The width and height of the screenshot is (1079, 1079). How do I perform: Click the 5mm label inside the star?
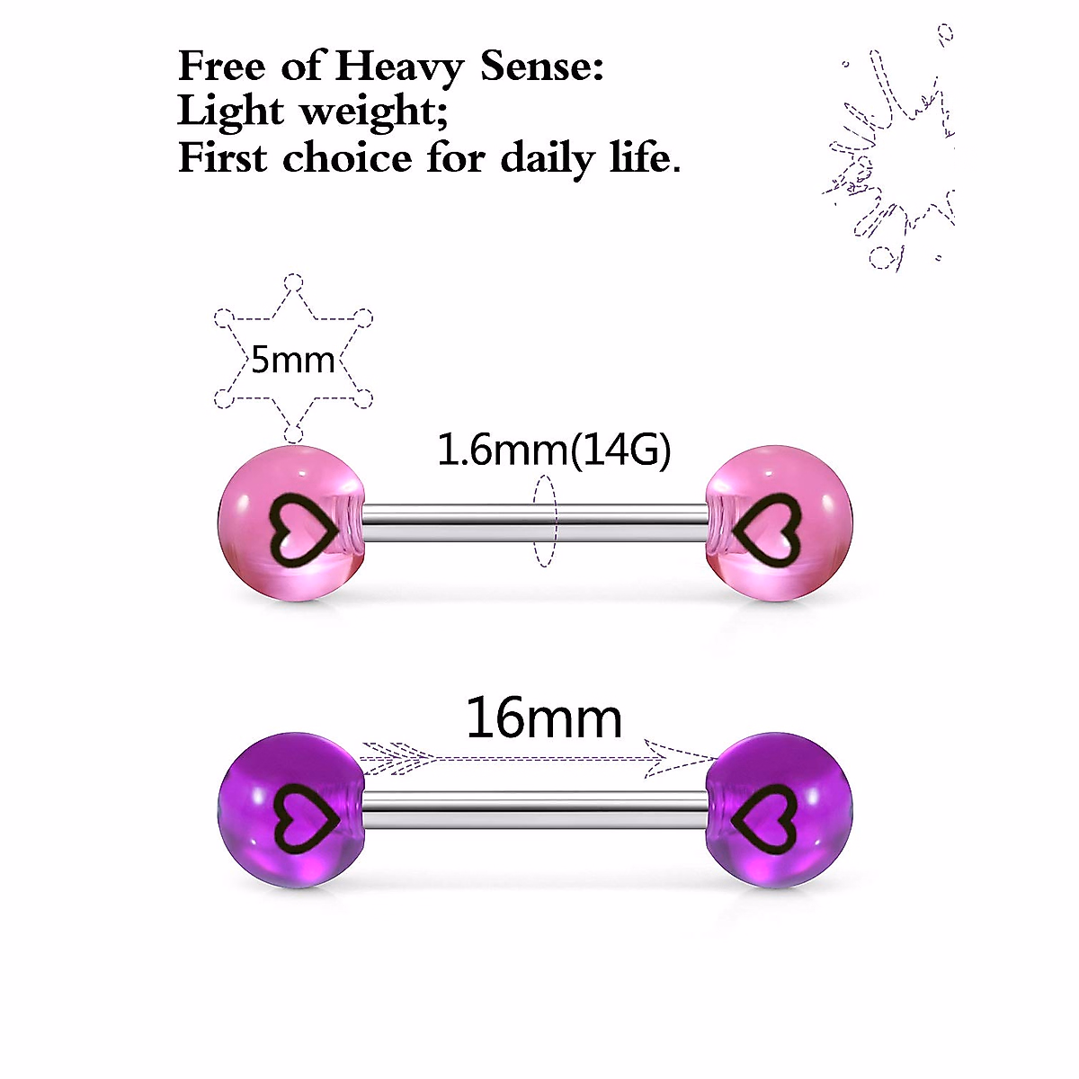(292, 360)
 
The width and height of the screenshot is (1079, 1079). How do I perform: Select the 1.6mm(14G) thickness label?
(554, 450)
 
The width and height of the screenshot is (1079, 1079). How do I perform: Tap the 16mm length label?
(544, 719)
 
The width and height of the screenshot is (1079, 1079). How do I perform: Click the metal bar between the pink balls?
(468, 519)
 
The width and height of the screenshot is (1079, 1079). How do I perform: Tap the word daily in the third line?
(548, 159)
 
